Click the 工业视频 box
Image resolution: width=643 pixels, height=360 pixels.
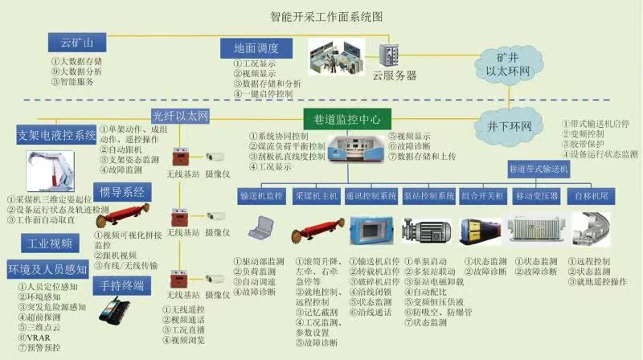(51, 243)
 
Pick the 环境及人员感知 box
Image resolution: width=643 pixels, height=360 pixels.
(51, 267)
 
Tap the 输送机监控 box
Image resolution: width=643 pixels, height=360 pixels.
(262, 195)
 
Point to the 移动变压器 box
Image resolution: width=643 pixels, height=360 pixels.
(537, 195)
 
